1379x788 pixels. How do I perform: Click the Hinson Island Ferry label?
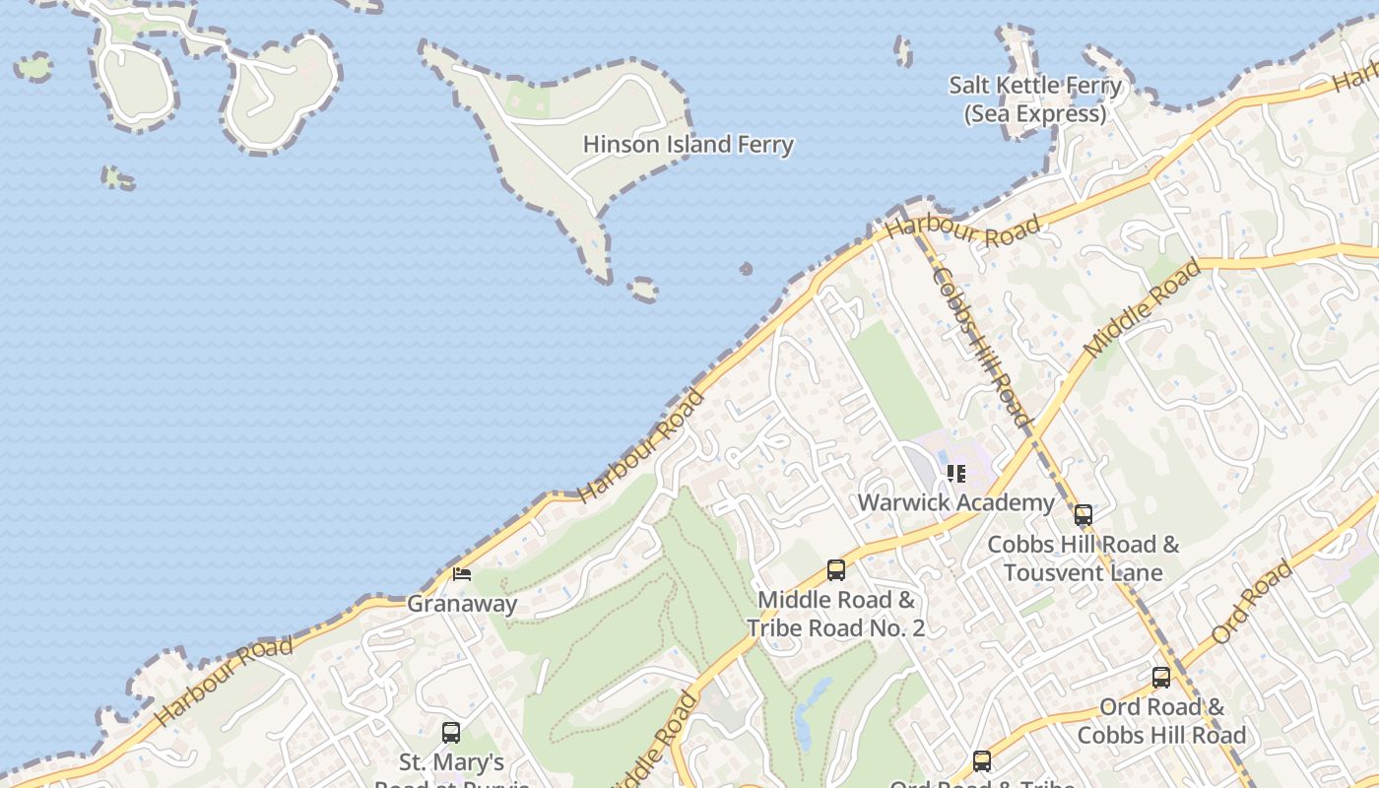pyautogui.click(x=688, y=145)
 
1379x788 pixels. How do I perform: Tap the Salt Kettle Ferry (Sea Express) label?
pyautogui.click(x=1035, y=99)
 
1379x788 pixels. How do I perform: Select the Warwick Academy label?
pyautogui.click(x=955, y=502)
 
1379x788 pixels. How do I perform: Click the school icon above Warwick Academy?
pyautogui.click(x=955, y=474)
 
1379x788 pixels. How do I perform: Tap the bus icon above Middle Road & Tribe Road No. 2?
pyautogui.click(x=836, y=569)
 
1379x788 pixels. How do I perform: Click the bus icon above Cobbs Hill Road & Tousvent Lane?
pyautogui.click(x=1083, y=514)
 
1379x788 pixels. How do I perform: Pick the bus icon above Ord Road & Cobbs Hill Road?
pyautogui.click(x=1161, y=677)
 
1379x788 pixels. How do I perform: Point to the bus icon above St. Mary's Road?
pyautogui.click(x=451, y=732)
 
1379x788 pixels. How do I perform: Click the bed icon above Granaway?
pyautogui.click(x=461, y=573)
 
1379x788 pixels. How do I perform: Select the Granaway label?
pyautogui.click(x=462, y=603)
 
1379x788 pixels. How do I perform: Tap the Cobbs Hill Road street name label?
pyautogui.click(x=982, y=347)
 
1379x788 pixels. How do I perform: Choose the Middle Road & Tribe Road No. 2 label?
pyautogui.click(x=835, y=613)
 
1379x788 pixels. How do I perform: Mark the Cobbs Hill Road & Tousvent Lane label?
pyautogui.click(x=1083, y=558)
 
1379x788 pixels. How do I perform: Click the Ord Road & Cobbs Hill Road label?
pyautogui.click(x=1161, y=720)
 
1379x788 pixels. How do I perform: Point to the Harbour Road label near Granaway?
pyautogui.click(x=225, y=680)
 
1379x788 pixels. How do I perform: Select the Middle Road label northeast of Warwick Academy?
pyautogui.click(x=1143, y=307)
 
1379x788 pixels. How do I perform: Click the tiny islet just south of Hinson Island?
pyautogui.click(x=643, y=289)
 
